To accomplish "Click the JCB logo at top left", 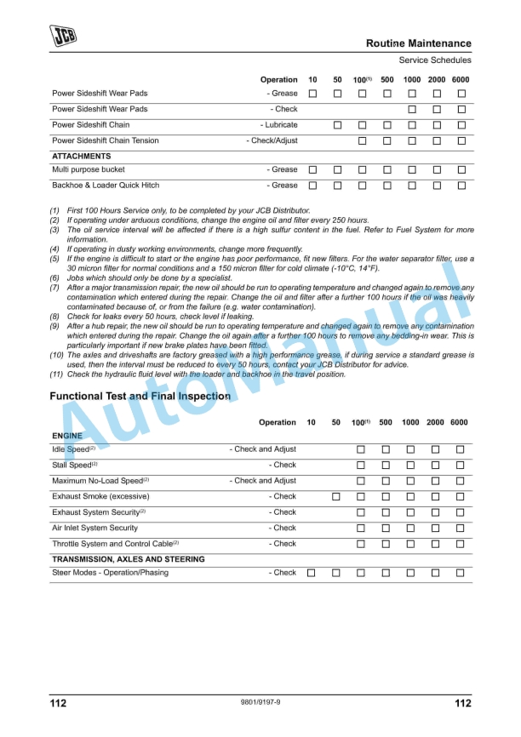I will click(63, 35).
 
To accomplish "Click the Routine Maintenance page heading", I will click(418, 43).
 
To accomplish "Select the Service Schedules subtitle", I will click(434, 60).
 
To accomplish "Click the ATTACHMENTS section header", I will click(82, 157).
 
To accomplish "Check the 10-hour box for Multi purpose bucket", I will click(312, 170).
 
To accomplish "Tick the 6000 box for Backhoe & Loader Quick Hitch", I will click(461, 186).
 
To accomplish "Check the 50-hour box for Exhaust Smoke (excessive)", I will click(336, 497).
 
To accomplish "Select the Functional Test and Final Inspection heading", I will click(140, 397).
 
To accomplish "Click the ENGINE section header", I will click(68, 436).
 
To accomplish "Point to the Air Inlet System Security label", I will click(94, 528).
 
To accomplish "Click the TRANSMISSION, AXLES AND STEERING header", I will click(129, 559).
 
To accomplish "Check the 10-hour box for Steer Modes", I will click(311, 574).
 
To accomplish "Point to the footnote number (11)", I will click(56, 374).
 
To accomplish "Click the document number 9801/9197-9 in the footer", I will click(260, 703).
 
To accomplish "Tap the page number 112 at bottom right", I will click(462, 704).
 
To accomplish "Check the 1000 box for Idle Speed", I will click(410, 449).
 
